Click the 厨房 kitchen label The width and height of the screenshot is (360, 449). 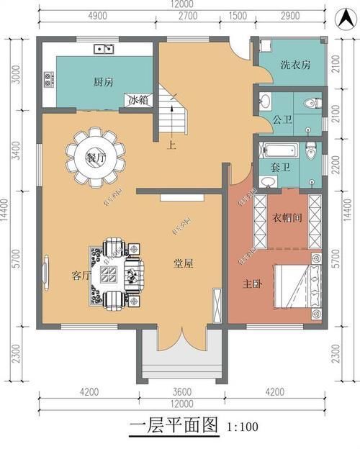pyautogui.click(x=103, y=81)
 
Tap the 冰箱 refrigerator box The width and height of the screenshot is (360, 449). pyautogui.click(x=138, y=100)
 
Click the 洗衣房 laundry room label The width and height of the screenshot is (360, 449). pyautogui.click(x=295, y=65)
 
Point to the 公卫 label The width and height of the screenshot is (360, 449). pyautogui.click(x=282, y=119)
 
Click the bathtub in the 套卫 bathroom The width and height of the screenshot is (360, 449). pyautogui.click(x=279, y=151)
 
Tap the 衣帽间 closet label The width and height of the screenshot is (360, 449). pyautogui.click(x=286, y=217)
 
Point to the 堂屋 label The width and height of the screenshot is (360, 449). pyautogui.click(x=182, y=263)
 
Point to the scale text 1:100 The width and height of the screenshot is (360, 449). pyautogui.click(x=243, y=427)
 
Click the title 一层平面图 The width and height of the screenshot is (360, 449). pyautogui.click(x=173, y=425)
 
